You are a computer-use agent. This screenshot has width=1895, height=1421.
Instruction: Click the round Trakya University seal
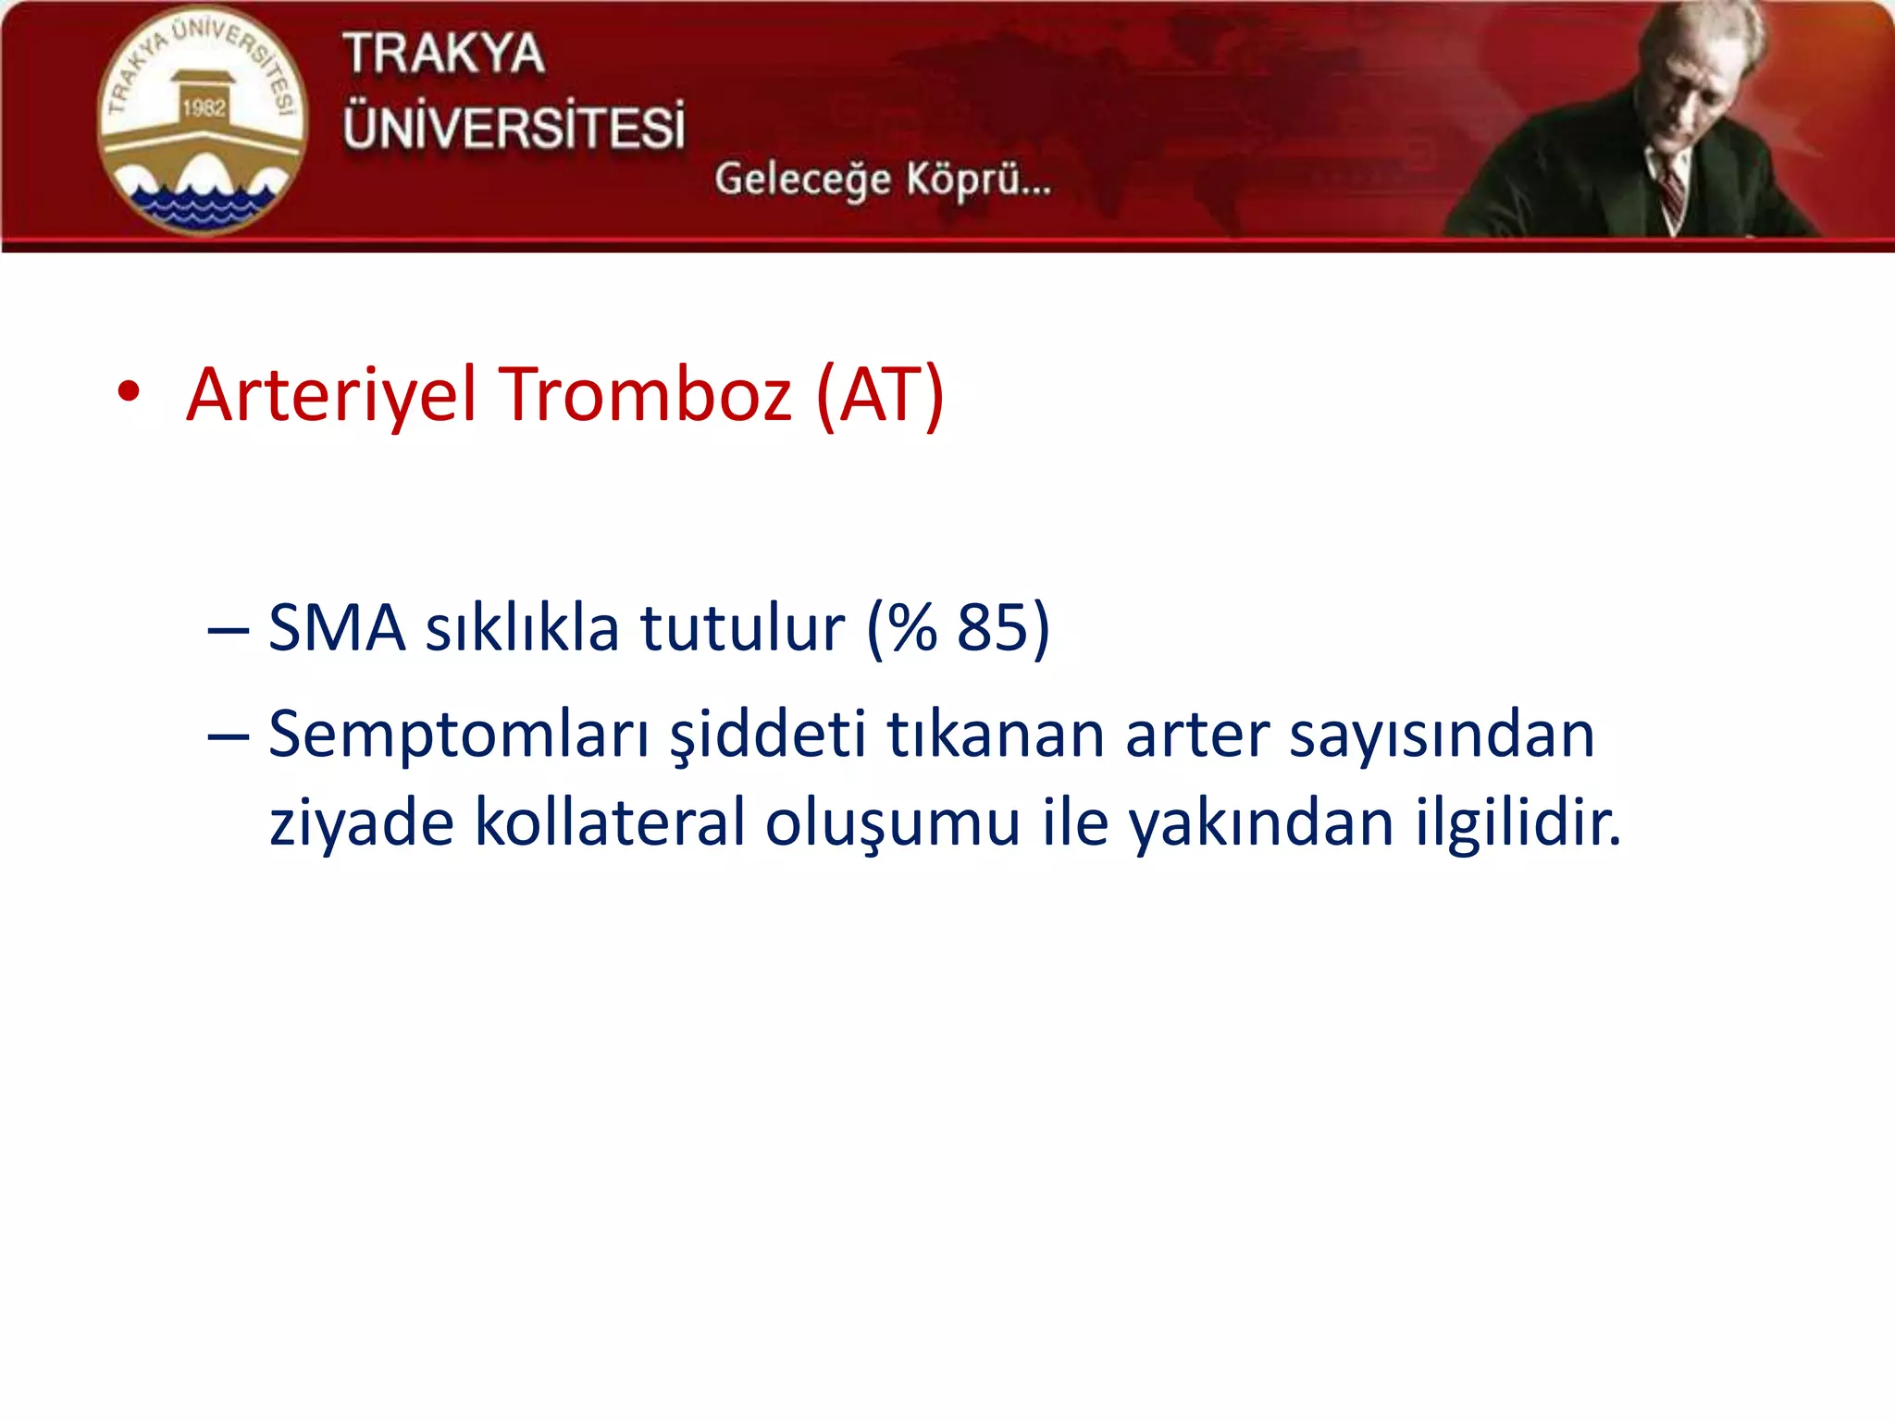tap(202, 121)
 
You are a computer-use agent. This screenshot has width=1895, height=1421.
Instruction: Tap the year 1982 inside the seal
tap(204, 108)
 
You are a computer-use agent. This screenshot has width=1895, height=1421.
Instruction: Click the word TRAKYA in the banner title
tap(444, 54)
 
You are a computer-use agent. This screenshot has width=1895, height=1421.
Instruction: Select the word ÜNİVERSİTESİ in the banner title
tap(514, 127)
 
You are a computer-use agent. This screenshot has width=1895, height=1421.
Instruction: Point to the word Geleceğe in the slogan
tap(802, 179)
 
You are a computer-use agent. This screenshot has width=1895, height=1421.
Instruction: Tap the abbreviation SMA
tap(337, 628)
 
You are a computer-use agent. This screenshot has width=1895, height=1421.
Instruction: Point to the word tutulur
tap(742, 628)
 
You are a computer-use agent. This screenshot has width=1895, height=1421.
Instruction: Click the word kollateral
tap(610, 822)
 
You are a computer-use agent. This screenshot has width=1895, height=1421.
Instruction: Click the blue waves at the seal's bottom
tap(202, 204)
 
